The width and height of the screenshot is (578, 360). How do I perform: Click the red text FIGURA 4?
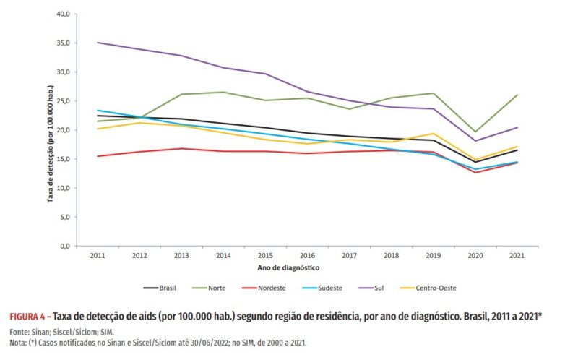[27, 317]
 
